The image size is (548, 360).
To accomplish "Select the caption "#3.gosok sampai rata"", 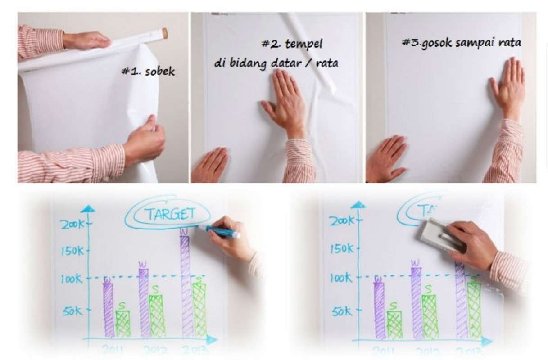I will (461, 43).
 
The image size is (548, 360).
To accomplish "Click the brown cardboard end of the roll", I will (165, 33).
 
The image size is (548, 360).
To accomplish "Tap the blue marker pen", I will (222, 232).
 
